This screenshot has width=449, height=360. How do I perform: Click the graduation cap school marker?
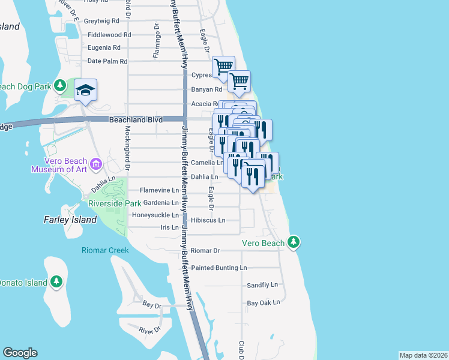click(x=85, y=91)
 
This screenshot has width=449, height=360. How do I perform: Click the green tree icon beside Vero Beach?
click(x=293, y=242)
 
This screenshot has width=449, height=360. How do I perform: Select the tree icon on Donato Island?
click(x=56, y=281)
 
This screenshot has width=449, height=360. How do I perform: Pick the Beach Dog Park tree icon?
click(x=59, y=86)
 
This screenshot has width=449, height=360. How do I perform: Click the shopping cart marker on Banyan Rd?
click(x=239, y=80)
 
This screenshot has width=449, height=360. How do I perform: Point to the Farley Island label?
click(x=70, y=220)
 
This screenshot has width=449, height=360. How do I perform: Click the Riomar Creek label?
click(x=106, y=250)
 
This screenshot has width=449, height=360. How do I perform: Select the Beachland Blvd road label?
click(x=136, y=120)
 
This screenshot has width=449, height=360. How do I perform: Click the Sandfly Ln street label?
click(x=263, y=285)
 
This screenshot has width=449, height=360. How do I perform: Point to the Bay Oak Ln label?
click(x=264, y=303)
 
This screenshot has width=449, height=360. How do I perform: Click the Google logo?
click(x=20, y=353)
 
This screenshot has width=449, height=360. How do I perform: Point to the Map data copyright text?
click(x=423, y=355)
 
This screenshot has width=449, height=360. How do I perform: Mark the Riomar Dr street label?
click(x=205, y=250)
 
